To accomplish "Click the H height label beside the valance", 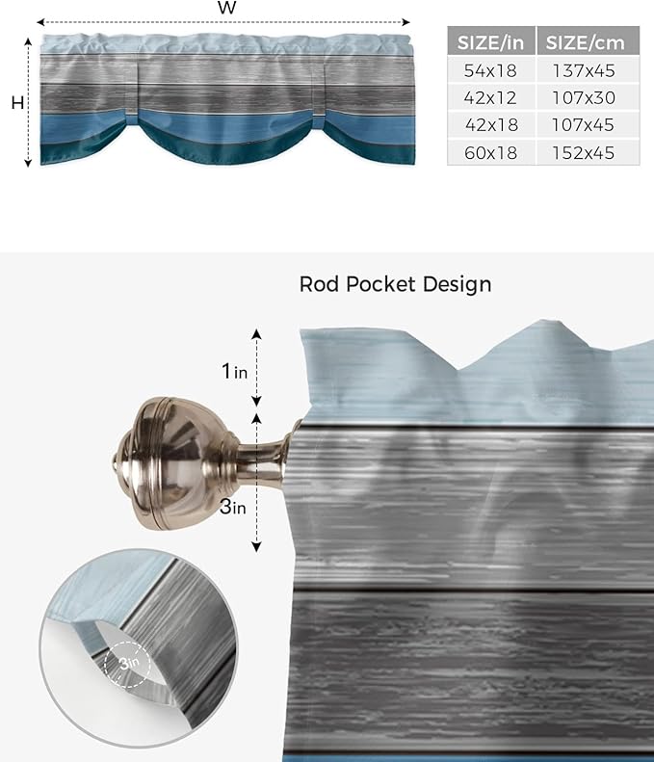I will point(17,103).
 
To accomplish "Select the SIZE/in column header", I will point(490,41).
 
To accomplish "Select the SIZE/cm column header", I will point(586,41).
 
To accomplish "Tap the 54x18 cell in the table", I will point(490,69).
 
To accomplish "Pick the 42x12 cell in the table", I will point(490,97).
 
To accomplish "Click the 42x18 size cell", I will point(490,124).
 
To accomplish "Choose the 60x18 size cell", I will point(490,152).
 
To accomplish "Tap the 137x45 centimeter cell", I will point(586,69).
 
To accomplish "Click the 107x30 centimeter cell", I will point(586,97).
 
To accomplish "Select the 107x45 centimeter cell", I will point(586,124).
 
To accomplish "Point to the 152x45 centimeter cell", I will point(586,152).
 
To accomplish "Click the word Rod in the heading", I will point(318,284).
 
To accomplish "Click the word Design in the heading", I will point(458,284).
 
